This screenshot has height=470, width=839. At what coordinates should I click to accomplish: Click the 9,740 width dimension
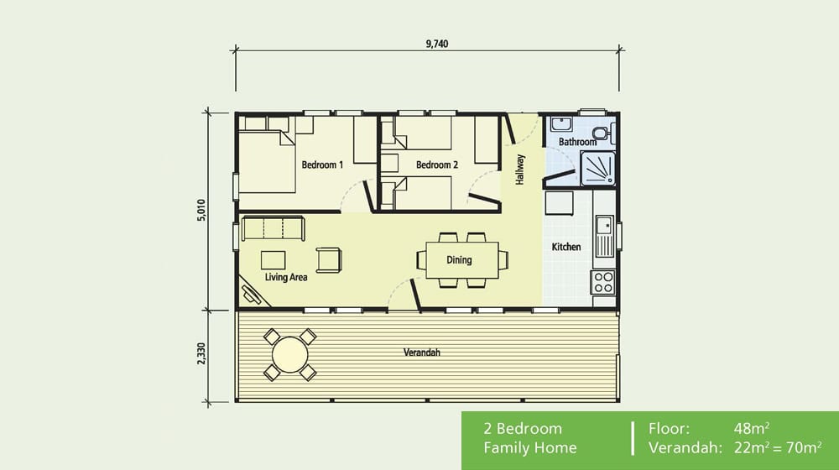[436, 44]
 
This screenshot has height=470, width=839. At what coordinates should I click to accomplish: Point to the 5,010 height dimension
[201, 211]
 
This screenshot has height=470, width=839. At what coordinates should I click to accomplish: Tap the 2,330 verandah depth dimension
[201, 354]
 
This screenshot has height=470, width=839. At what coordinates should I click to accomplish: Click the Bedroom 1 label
[322, 164]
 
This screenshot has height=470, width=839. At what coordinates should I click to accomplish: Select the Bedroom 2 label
[436, 164]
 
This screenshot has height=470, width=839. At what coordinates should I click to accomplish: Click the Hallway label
[520, 170]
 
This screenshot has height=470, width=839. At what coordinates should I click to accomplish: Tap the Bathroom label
[577, 142]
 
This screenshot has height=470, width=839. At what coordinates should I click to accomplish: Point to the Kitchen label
[566, 247]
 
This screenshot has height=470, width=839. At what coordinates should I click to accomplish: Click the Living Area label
[286, 277]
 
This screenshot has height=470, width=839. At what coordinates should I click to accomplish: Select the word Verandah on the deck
[422, 352]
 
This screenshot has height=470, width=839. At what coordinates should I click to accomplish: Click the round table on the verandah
[290, 354]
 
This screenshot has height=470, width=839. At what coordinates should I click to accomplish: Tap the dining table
[462, 260]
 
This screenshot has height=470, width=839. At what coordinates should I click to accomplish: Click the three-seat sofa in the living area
[273, 228]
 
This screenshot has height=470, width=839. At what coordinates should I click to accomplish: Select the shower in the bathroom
[598, 169]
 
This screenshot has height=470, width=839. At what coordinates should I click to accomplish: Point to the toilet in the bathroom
[604, 133]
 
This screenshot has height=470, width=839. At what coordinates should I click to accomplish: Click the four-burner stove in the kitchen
[603, 282]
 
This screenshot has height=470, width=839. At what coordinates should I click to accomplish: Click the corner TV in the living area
[250, 294]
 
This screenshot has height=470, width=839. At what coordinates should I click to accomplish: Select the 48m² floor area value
[752, 428]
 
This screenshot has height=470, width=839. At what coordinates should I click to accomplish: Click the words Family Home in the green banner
[530, 447]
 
